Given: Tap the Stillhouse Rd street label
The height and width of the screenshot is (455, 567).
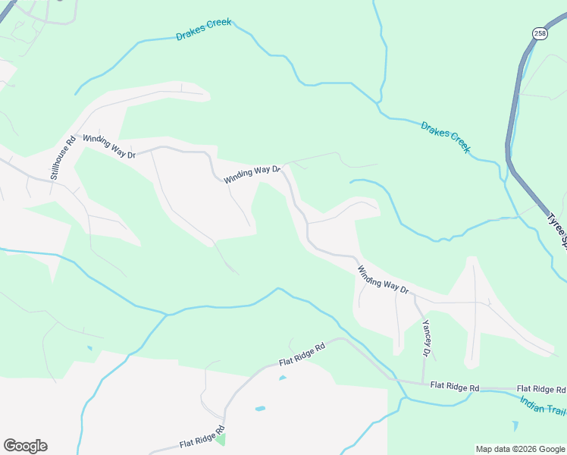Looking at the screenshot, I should point(63,157).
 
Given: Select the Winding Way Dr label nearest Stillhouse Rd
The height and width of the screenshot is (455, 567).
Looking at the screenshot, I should point(108,146).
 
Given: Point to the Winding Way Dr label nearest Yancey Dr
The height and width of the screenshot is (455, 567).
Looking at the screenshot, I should point(383,279).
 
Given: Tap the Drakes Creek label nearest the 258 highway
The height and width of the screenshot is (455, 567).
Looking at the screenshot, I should point(446,137).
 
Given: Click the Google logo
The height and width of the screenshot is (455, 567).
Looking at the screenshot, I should point(25,446).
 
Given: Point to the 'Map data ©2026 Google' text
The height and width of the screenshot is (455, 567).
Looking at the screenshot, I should point(520,449).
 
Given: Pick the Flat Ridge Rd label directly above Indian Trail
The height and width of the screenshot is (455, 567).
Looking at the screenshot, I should point(541,388).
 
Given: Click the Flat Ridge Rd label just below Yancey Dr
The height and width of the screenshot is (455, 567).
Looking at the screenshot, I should point(454,388).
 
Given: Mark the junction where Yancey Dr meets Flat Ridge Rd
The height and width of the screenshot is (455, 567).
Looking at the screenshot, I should point(424,383).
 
